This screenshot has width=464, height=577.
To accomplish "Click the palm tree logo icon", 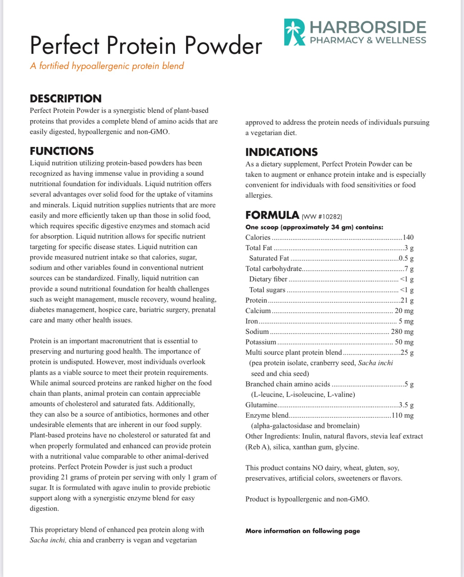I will click(x=294, y=32).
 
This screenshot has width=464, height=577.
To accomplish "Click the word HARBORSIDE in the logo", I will click(x=368, y=27).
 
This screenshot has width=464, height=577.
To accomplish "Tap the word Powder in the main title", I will click(x=223, y=46).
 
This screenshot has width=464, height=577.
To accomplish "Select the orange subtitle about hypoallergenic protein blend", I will click(x=107, y=66).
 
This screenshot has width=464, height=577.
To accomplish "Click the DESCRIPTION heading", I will click(x=65, y=99).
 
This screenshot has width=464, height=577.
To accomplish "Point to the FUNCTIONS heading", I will click(x=62, y=151).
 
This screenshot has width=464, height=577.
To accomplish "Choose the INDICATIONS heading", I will click(x=281, y=152).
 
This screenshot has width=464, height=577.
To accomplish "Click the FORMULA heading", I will click(x=272, y=215).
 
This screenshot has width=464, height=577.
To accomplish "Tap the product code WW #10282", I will click(x=322, y=217).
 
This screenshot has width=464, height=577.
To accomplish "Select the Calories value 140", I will click(x=408, y=238).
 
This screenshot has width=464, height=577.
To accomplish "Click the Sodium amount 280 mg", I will click(x=402, y=332).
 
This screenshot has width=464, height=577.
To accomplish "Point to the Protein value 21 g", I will click(x=407, y=301).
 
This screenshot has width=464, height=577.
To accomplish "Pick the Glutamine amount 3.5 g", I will click(x=406, y=405).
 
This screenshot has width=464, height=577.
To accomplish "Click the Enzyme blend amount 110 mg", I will click(x=402, y=416).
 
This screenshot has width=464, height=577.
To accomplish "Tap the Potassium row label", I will click(x=261, y=342).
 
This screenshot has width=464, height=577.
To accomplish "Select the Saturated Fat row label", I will click(x=269, y=258).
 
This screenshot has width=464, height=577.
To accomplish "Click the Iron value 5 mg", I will click(x=406, y=321).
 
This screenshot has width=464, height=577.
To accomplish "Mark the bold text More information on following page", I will click(x=302, y=531).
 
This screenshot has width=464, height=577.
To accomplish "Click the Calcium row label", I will click(x=258, y=311).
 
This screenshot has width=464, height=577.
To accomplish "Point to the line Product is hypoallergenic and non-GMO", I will click(x=307, y=499).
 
